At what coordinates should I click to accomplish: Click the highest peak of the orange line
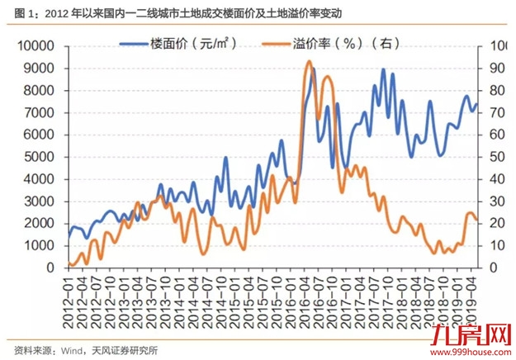309,61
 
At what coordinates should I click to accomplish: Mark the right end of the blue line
478,104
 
